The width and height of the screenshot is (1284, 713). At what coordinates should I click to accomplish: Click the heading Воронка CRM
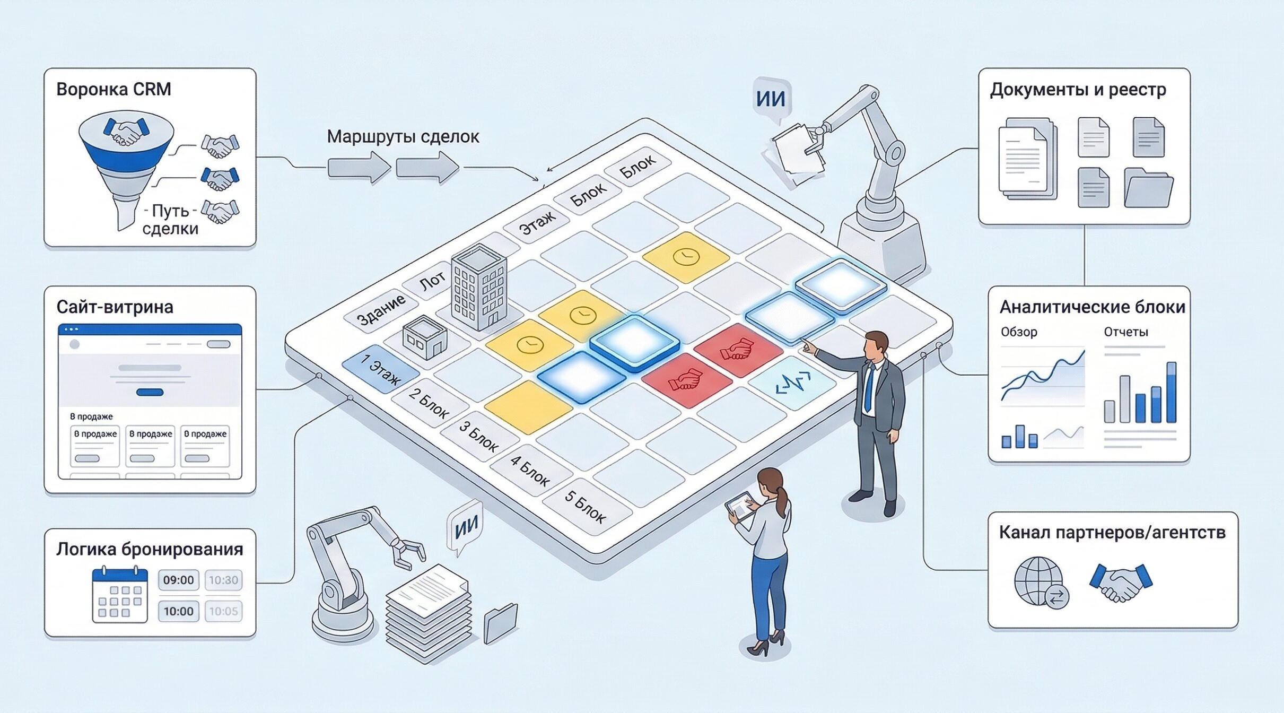coord(113,89)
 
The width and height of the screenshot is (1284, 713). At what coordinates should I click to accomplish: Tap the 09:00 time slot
coord(178,580)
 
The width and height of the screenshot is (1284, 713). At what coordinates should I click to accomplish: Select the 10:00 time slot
coord(178,611)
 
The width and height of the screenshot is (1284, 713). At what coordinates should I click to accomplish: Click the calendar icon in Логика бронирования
coord(120,595)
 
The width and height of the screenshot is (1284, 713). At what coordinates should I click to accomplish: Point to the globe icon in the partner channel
coord(1038,581)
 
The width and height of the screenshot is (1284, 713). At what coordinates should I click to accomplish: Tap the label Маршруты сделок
coord(403,137)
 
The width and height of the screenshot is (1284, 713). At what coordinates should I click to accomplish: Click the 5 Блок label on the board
coord(586,507)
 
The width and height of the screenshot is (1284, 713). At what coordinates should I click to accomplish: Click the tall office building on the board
coord(478,286)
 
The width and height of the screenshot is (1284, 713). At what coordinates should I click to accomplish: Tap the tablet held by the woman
coord(741,506)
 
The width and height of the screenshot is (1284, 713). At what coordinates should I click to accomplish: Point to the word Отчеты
coord(1125,332)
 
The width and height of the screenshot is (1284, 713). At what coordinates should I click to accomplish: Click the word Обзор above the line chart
coord(1019,332)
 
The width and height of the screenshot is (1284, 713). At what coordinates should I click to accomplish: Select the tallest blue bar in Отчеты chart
coord(1172,393)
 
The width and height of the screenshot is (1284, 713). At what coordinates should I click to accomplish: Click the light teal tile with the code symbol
coord(793,382)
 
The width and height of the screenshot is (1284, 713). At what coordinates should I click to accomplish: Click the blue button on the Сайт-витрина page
coord(150,392)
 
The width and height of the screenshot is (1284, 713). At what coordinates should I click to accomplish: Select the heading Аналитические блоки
coord(1092,307)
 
